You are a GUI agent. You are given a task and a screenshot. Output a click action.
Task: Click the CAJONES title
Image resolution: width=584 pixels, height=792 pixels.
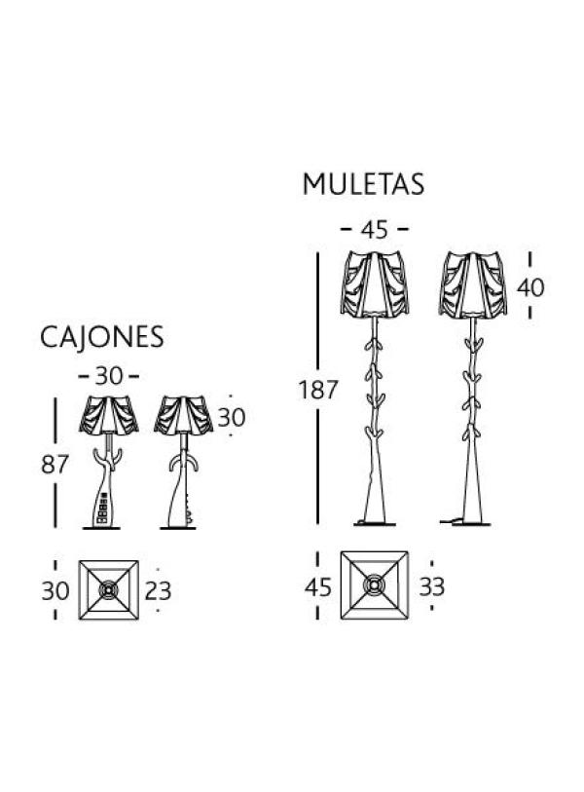coord(101,337)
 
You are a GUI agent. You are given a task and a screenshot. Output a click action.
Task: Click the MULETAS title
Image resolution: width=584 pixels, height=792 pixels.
coord(363,184)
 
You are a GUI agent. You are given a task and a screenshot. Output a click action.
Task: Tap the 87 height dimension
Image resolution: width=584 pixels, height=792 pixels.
coord(55,464)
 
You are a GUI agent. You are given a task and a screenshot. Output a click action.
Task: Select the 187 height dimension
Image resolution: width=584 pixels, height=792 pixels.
coord(317,390)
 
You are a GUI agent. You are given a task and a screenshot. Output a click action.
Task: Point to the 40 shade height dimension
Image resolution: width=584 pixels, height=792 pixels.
coord(530,288)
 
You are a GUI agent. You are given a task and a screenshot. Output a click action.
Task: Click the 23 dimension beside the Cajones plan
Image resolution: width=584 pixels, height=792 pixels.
coord(158,591)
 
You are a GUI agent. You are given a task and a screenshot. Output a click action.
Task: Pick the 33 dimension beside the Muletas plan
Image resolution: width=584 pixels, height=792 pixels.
coord(431,586)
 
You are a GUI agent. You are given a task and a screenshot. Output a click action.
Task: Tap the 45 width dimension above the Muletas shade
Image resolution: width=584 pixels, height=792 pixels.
coord(375,230)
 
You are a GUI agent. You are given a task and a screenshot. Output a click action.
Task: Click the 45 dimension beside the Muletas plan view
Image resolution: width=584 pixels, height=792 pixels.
coord(318,587)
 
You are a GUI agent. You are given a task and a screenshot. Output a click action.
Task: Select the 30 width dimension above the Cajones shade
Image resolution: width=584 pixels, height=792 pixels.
coord(109,376)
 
